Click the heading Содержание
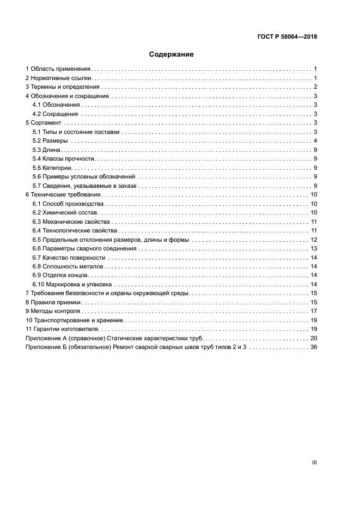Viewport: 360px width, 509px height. coord(172,54)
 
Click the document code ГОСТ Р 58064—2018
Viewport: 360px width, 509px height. coord(287,37)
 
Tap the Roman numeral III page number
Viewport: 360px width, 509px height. coord(314,462)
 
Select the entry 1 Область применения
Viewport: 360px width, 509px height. coord(58,69)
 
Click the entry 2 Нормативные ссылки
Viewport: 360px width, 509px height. coord(58,78)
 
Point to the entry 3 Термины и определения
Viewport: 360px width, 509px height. coord(63,87)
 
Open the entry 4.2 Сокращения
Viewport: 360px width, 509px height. coord(56,114)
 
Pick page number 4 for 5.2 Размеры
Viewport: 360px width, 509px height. coord(315,141)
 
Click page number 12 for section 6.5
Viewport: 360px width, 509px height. coord(314,240)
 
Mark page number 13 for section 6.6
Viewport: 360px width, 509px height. coord(314,248)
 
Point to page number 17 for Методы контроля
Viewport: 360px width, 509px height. coord(314,311)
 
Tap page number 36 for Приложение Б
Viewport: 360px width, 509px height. coord(314,347)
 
